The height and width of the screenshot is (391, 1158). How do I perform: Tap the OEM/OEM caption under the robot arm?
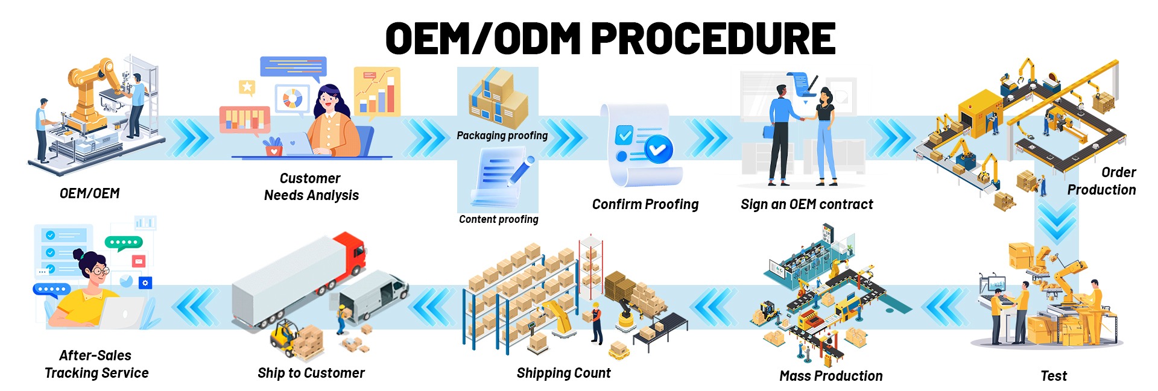[89, 193]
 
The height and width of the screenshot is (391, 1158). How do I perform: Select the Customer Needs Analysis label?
[311, 187]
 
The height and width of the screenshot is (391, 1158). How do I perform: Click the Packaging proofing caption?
[502, 136]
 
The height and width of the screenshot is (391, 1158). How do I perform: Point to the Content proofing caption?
[498, 219]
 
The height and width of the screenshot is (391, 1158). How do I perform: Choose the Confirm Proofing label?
[645, 204]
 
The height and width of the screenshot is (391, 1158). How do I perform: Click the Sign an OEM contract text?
[806, 204]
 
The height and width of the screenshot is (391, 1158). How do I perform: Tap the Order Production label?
[1102, 181]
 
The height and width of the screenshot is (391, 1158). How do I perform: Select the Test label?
[1054, 376]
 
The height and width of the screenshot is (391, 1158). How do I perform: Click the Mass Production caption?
[831, 376]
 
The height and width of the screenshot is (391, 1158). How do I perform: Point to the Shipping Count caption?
[563, 373]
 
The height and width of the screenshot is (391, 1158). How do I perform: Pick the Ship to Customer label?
[311, 373]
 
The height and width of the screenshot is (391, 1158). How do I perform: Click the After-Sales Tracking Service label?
[96, 364]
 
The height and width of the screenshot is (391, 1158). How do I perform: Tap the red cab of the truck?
[353, 253]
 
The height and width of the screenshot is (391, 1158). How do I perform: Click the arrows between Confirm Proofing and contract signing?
[709, 138]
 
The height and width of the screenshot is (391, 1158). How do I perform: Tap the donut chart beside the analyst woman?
[293, 98]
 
